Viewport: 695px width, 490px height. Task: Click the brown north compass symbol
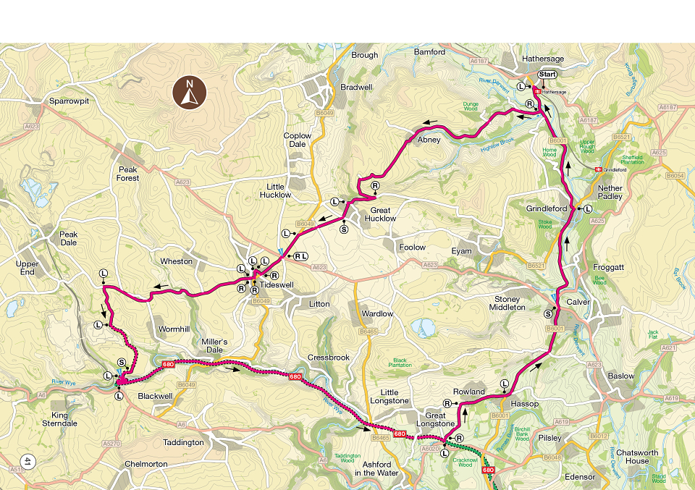(190, 93)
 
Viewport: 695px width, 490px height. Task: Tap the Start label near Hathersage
(547, 75)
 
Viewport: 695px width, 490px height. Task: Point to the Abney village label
(428, 140)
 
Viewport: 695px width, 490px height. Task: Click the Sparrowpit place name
(69, 101)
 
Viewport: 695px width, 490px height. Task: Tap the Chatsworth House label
(628, 457)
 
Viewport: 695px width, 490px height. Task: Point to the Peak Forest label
(128, 174)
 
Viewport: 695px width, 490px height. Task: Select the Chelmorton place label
(146, 464)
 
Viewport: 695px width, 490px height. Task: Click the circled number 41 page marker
(28, 460)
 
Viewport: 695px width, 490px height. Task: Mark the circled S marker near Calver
(548, 313)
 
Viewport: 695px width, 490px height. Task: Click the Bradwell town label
(356, 87)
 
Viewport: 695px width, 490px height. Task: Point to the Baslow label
(621, 376)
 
